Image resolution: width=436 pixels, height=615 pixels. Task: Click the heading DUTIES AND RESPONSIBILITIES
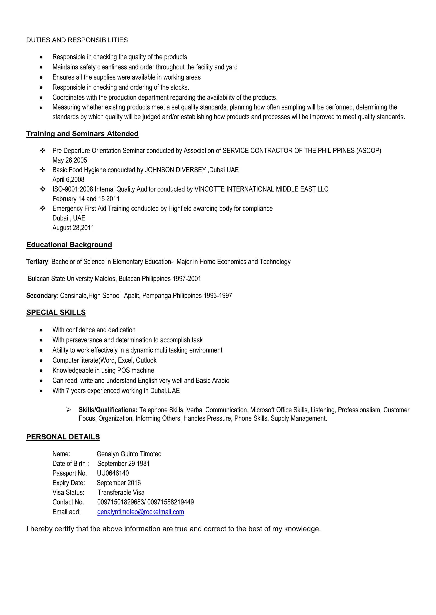point(77,40)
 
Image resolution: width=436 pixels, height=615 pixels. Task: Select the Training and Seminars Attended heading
point(82,134)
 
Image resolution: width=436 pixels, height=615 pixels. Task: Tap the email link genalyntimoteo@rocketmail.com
point(141,512)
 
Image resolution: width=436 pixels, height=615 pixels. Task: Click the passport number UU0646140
point(113,473)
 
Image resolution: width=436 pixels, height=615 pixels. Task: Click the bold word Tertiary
point(37,262)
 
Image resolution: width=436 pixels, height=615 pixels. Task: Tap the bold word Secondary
point(41,295)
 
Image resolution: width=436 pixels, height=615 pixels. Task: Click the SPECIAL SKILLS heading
point(56,312)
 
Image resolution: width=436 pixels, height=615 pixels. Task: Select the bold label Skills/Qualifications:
point(108,410)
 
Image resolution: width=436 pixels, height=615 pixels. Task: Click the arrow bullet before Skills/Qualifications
point(69,410)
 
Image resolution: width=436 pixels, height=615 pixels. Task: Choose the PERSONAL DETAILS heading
point(63,437)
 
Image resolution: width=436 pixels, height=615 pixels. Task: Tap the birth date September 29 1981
point(123,463)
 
